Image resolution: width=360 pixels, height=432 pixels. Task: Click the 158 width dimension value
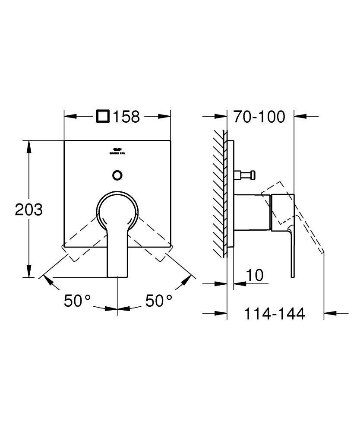(126, 117)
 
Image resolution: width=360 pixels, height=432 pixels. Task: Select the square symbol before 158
(104, 117)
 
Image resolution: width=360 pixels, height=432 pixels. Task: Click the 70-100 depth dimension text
(259, 117)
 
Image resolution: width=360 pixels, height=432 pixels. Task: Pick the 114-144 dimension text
(275, 314)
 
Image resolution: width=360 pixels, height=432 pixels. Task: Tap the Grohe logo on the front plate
(117, 152)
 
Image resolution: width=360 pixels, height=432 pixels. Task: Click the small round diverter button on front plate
(117, 175)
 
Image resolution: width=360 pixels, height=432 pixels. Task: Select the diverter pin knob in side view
(245, 175)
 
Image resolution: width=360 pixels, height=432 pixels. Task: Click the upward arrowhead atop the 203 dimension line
(29, 146)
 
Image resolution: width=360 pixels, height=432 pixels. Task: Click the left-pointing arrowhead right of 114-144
(330, 313)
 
